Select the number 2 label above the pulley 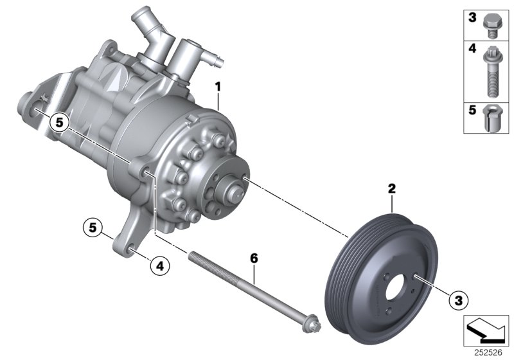point(391,189)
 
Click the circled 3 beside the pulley point(458,299)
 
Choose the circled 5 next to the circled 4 point(93,227)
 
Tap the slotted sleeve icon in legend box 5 point(489,118)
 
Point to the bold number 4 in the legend point(472,49)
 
